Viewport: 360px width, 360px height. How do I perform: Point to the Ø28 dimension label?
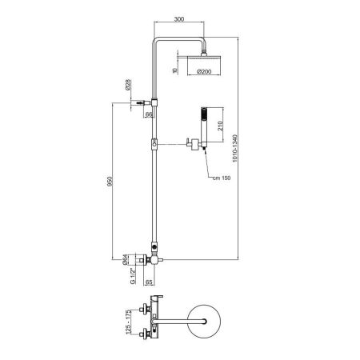tap(129, 84)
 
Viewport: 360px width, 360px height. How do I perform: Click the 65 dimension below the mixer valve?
tap(150, 282)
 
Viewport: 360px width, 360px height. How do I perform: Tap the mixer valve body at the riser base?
tap(150, 260)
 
